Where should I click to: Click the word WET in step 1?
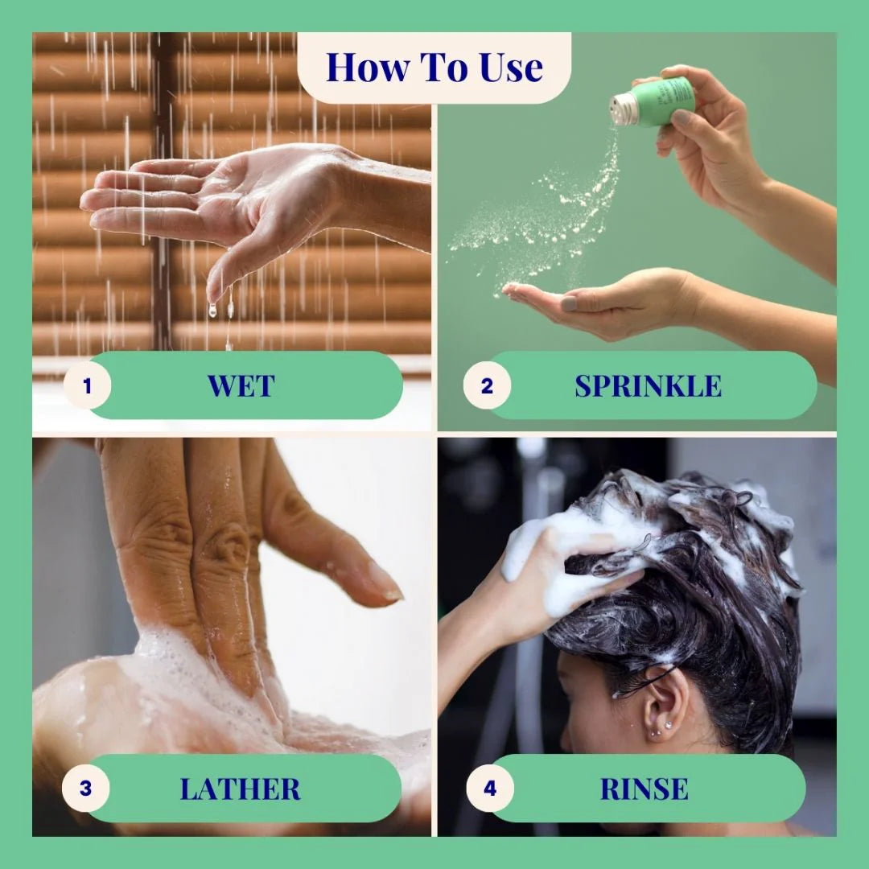click(x=241, y=385)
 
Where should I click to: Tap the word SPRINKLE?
click(x=648, y=385)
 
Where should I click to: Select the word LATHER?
click(x=240, y=789)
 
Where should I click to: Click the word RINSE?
click(x=644, y=789)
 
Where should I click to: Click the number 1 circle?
click(x=87, y=385)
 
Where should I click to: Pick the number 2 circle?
click(x=487, y=385)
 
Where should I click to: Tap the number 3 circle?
click(x=85, y=788)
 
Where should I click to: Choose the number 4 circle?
click(x=490, y=788)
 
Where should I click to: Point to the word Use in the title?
click(x=512, y=68)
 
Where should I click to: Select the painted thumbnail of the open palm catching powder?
click(x=569, y=303)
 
